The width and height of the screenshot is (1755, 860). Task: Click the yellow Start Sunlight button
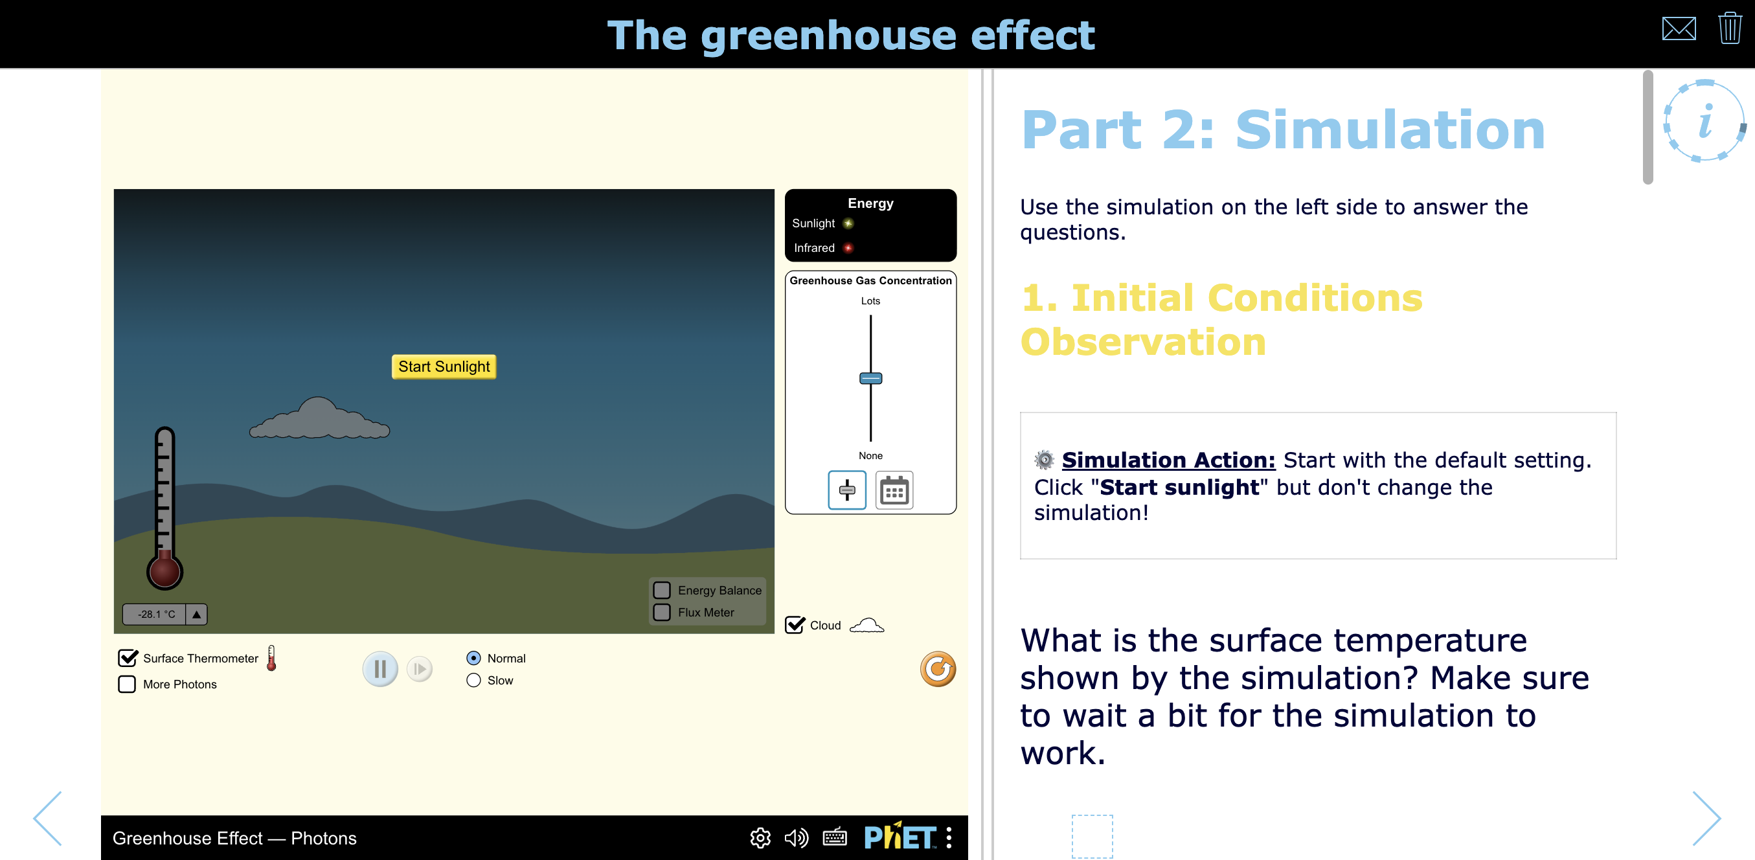click(444, 367)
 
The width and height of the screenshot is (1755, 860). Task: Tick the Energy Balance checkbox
click(662, 589)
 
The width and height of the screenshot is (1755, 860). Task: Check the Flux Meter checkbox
click(662, 612)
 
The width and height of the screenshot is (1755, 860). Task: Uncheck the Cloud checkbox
click(795, 625)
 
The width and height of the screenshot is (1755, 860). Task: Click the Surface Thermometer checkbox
click(128, 657)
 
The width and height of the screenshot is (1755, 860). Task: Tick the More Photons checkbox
click(127, 683)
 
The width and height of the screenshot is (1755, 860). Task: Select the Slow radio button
click(473, 680)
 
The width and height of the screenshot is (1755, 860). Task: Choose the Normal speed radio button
click(473, 657)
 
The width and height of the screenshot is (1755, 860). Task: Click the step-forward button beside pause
click(420, 668)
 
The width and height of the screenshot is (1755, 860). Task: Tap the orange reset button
click(938, 668)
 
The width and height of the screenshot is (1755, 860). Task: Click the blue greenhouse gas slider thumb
click(870, 378)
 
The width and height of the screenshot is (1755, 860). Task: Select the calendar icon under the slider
click(894, 490)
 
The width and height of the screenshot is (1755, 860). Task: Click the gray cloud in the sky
click(319, 420)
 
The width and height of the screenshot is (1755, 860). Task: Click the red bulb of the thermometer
click(165, 571)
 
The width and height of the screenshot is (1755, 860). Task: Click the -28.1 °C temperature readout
click(156, 614)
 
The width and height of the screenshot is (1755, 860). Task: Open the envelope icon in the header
click(1678, 28)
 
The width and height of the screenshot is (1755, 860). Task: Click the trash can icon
click(1729, 28)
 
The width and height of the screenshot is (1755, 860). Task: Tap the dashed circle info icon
click(1703, 121)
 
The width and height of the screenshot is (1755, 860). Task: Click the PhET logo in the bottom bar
click(900, 837)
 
